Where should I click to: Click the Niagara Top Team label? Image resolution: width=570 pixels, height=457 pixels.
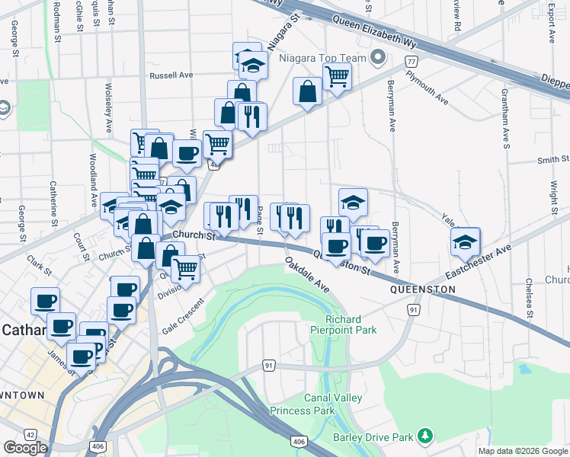(x=331, y=58)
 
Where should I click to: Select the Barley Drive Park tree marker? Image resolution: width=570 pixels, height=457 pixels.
(x=425, y=436)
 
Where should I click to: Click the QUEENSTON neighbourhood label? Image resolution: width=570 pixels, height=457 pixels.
(x=423, y=290)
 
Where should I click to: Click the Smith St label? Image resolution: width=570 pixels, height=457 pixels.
(x=552, y=159)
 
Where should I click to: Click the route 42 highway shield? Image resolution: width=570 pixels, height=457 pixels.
(x=30, y=434)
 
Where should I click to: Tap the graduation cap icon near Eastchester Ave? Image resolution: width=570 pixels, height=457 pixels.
(x=464, y=242)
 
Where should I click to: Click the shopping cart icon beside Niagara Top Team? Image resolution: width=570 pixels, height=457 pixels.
(x=337, y=75)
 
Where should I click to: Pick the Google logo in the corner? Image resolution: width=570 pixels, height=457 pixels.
(x=26, y=448)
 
